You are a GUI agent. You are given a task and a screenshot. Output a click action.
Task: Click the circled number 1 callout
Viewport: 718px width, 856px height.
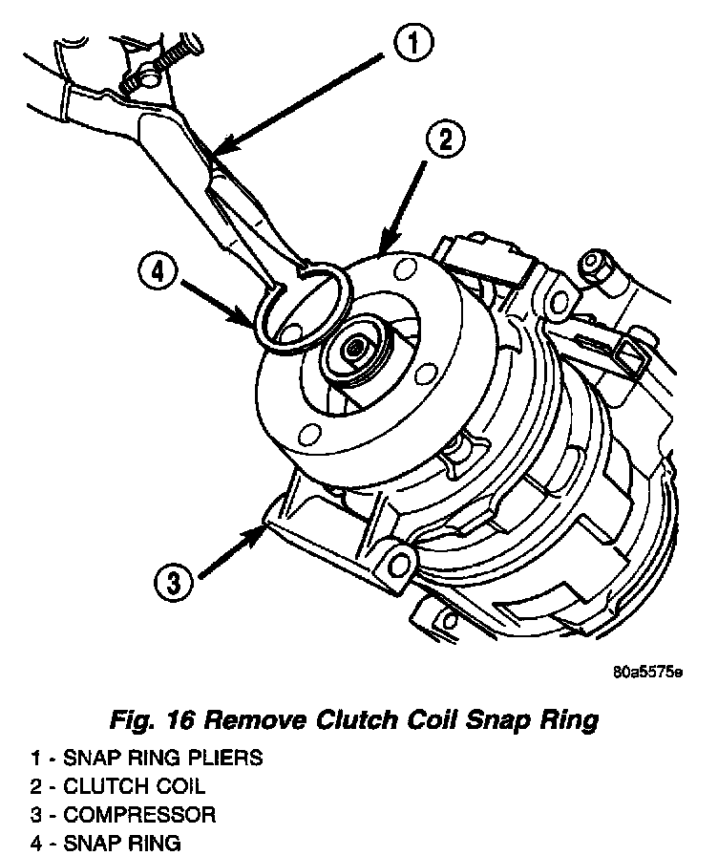(x=413, y=44)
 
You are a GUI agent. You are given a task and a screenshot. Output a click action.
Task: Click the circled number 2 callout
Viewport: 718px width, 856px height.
(x=445, y=141)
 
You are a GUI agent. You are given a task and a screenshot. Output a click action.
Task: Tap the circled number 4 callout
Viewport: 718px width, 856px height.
(x=158, y=273)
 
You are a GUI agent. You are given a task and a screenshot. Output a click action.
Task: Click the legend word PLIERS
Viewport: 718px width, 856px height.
(x=224, y=759)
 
